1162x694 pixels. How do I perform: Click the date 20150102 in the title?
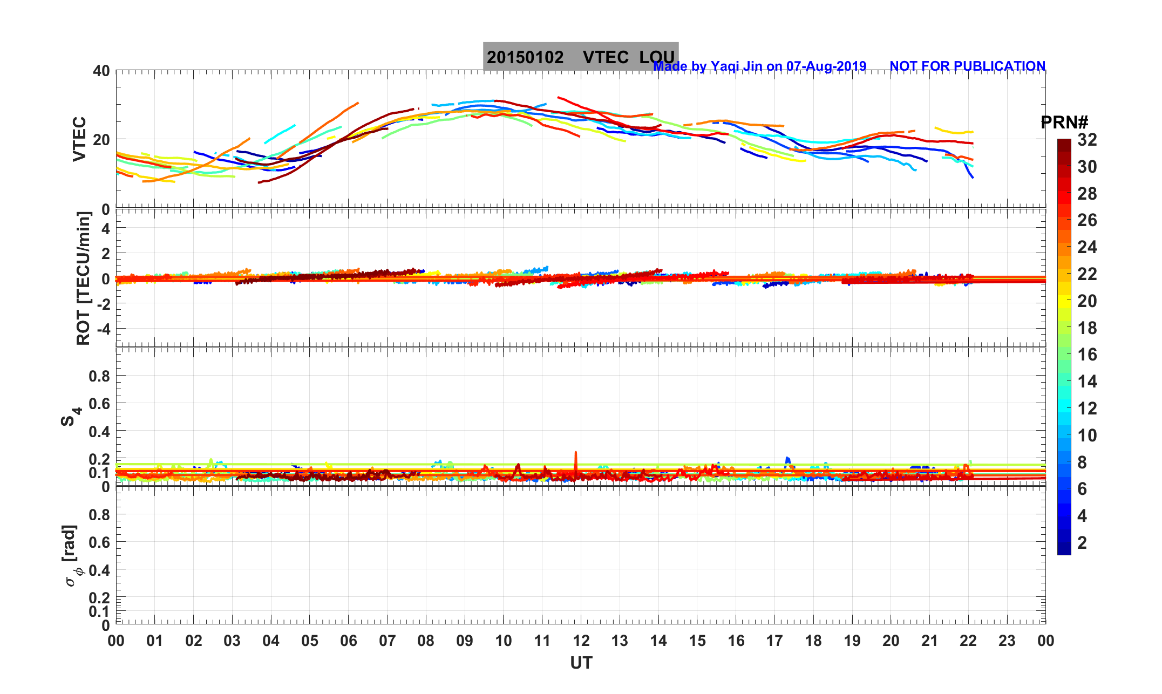pos(525,57)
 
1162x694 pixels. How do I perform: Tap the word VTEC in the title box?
pos(606,57)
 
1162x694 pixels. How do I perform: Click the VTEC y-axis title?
pos(80,139)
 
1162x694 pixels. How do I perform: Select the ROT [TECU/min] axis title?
pos(84,278)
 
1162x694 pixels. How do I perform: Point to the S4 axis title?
pos(71,417)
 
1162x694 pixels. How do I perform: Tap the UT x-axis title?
pos(581,663)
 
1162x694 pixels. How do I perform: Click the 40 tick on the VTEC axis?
pos(101,71)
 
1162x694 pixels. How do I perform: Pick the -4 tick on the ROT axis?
pos(101,329)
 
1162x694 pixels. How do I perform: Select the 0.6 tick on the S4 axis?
pos(99,404)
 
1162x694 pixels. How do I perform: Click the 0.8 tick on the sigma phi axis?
pos(99,515)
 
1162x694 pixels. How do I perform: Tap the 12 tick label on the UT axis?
pos(581,641)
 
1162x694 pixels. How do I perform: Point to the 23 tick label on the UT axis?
pos(1007,641)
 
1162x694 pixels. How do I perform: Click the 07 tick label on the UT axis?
pos(388,641)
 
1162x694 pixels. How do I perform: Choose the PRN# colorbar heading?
pos(1064,123)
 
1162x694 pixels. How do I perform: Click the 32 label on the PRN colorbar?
pos(1087,140)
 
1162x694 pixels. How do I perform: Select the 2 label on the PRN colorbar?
pos(1082,543)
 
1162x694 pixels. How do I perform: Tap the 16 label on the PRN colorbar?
pos(1087,355)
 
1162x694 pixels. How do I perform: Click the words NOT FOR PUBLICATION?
pos(967,66)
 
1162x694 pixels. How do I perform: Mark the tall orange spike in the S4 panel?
pos(576,454)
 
